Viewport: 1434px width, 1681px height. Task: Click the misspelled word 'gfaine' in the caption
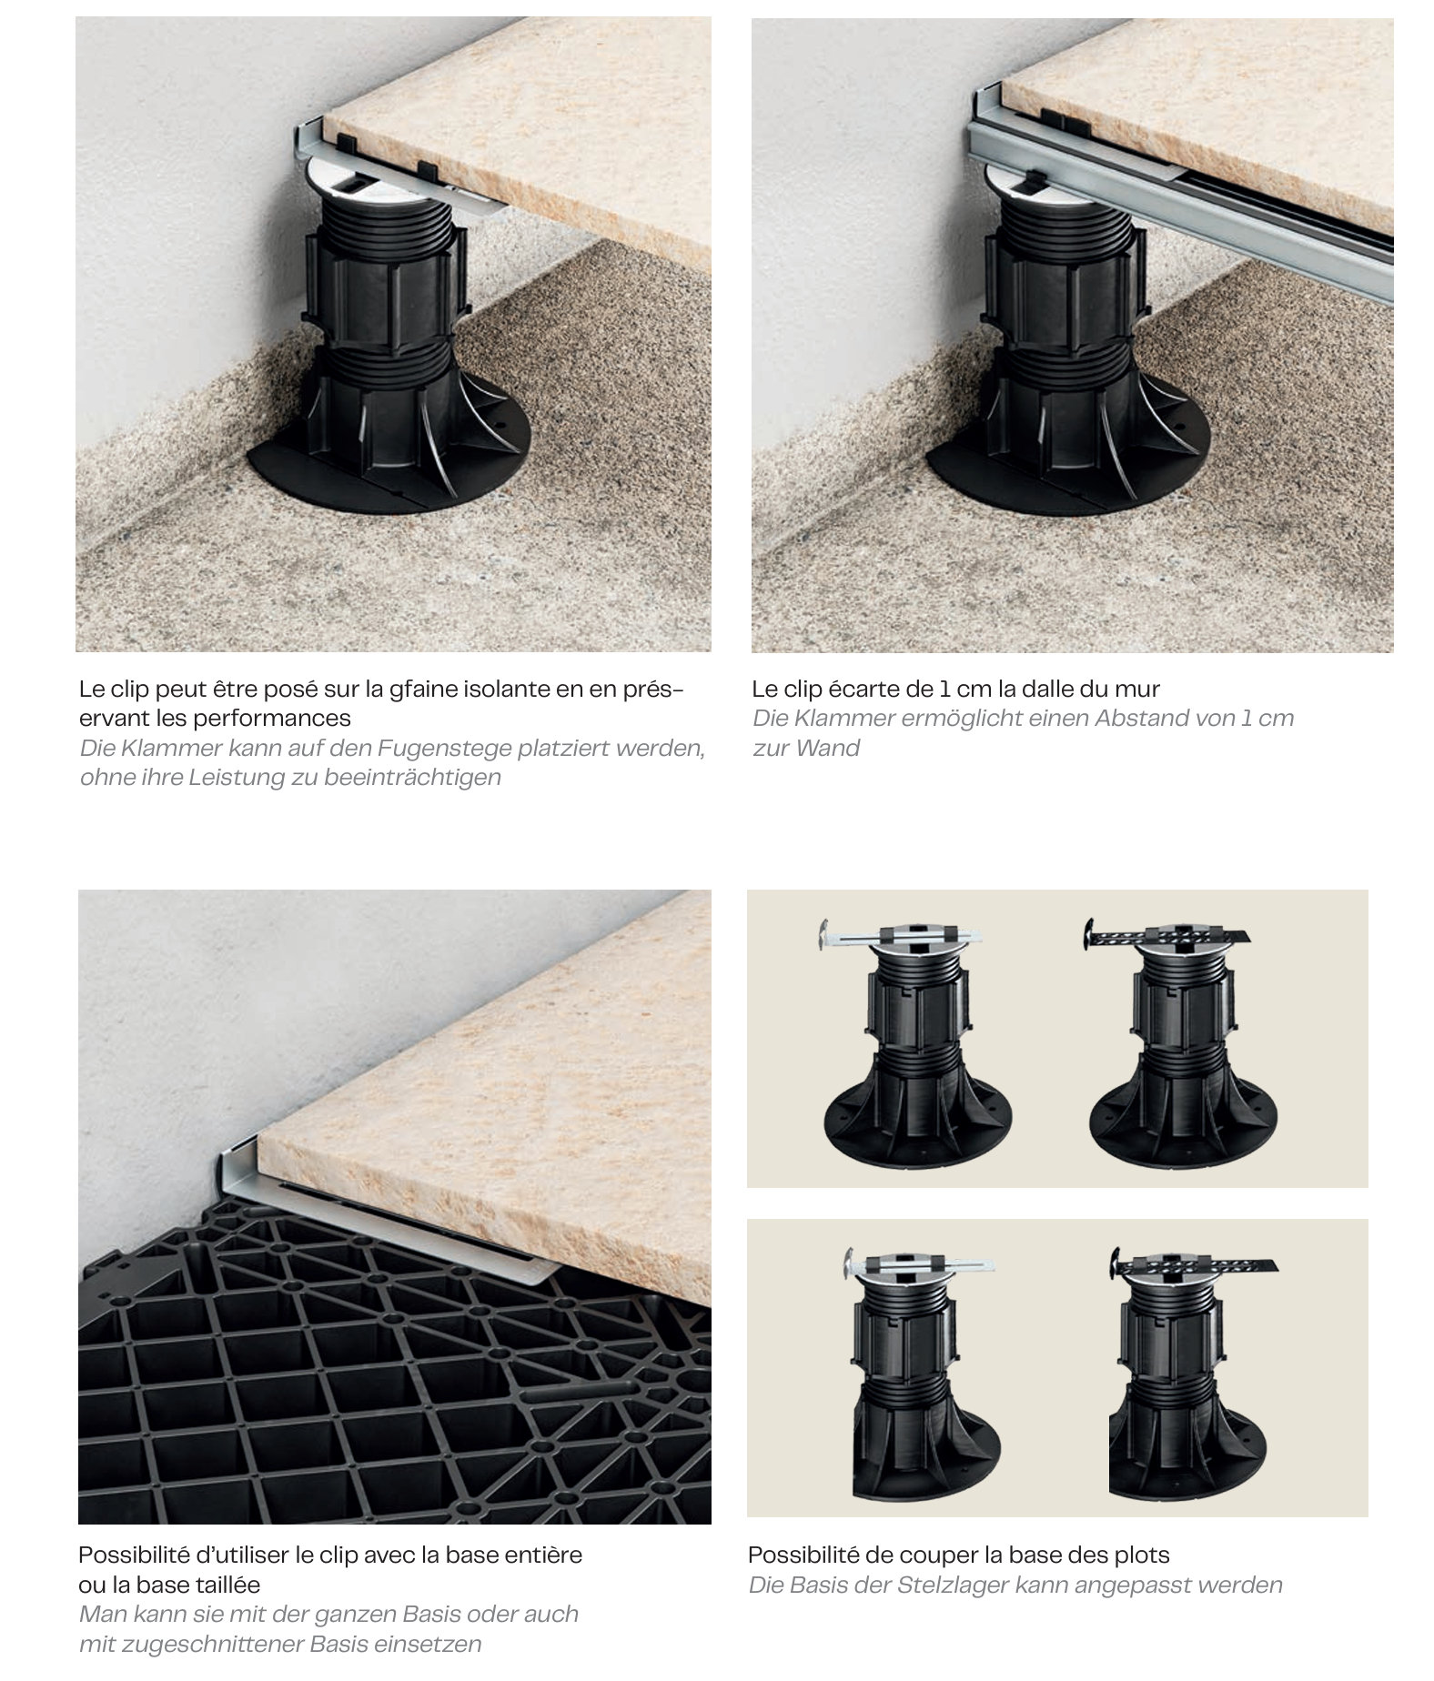(x=423, y=689)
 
